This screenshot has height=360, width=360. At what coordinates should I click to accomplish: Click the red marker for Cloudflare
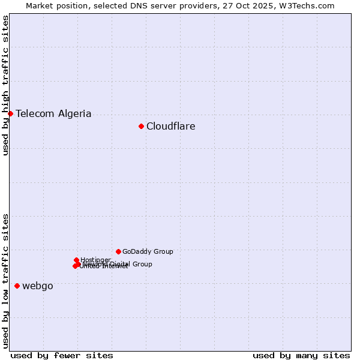tap(141, 126)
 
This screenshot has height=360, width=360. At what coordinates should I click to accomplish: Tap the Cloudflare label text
tap(170, 126)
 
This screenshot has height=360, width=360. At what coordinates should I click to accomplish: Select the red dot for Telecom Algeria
tap(10, 113)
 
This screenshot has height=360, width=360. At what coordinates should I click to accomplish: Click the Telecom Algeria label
tap(53, 113)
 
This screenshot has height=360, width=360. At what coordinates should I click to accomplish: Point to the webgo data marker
tap(17, 286)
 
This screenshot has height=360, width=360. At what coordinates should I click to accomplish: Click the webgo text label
tap(37, 286)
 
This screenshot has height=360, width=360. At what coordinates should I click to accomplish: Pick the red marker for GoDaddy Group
tap(118, 251)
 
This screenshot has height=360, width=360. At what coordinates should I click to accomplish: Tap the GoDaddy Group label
tap(148, 251)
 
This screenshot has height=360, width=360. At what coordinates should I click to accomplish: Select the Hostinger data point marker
tap(77, 260)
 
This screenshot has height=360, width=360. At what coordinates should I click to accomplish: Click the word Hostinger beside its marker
tap(95, 260)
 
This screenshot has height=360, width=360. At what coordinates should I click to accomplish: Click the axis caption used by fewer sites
tap(62, 355)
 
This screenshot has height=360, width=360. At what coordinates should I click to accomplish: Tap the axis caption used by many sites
tap(301, 355)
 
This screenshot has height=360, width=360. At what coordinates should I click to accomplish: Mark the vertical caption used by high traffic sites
tap(5, 85)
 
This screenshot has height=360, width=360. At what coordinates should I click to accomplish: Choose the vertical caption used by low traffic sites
tap(5, 280)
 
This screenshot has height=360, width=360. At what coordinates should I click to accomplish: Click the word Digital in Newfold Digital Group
tap(121, 264)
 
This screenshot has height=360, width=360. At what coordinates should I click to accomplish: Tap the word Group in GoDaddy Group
tap(163, 251)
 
